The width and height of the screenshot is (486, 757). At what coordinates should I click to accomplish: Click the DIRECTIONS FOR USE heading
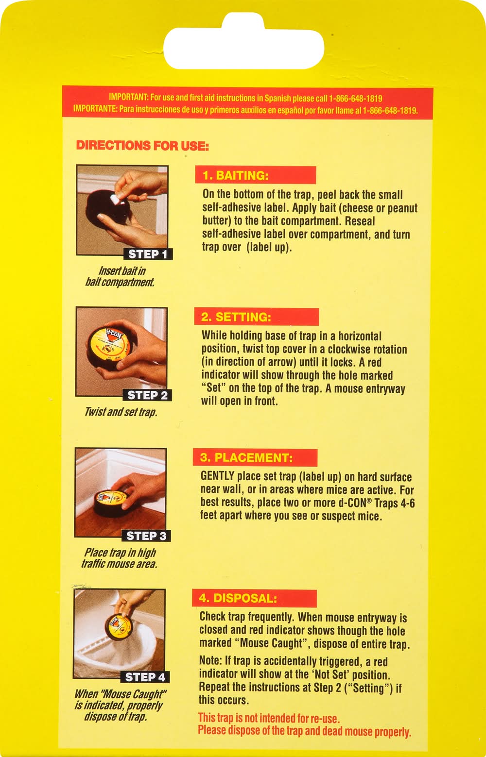point(142,146)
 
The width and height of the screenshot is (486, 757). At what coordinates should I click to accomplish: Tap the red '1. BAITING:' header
point(255,175)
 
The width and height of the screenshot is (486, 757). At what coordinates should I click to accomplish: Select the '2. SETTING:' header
point(256,317)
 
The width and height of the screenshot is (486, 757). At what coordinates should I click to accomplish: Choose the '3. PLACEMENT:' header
point(255,457)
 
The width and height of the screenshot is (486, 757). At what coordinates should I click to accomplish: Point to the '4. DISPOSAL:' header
point(254,599)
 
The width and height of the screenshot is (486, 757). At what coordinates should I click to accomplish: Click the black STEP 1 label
point(148,254)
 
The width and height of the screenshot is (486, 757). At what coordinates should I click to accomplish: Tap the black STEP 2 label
point(147,395)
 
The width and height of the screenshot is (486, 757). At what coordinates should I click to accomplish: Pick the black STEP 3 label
point(146,536)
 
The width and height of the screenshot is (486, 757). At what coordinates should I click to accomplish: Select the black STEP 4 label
point(145,677)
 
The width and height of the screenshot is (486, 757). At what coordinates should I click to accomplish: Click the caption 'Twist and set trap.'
point(121,412)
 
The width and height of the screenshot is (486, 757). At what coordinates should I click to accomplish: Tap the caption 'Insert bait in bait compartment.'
point(120,276)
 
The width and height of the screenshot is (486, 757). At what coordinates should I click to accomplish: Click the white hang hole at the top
point(243,43)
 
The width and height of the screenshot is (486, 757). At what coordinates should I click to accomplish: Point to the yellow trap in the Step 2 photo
point(109,348)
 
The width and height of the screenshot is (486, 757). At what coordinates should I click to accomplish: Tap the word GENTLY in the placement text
point(217,476)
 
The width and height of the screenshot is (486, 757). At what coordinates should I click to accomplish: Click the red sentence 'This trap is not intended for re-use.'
point(269,718)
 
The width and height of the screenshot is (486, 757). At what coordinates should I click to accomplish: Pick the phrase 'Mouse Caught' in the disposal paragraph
point(271,643)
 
